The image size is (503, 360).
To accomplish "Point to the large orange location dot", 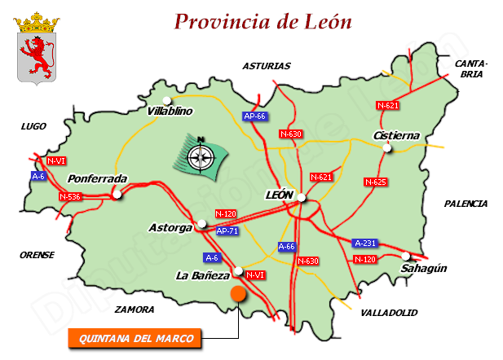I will point(238,294).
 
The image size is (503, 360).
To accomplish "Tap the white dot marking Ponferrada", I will point(117,194).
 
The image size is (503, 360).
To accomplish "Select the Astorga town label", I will point(170,227).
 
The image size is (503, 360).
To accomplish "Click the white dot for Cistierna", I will point(388,147).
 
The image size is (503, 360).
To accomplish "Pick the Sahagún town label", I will point(425,268).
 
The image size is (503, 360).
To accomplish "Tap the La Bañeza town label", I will point(202,276).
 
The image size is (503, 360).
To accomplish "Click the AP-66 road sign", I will point(255,116).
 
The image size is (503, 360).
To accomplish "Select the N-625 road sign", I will point(375,182).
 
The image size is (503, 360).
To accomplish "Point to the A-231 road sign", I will point(365,243).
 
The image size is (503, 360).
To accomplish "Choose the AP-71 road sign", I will point(228,231).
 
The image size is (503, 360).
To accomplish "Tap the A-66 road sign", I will point(287,246).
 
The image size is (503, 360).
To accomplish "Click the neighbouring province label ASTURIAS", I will point(267,66).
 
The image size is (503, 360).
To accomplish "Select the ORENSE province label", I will point(37,255).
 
